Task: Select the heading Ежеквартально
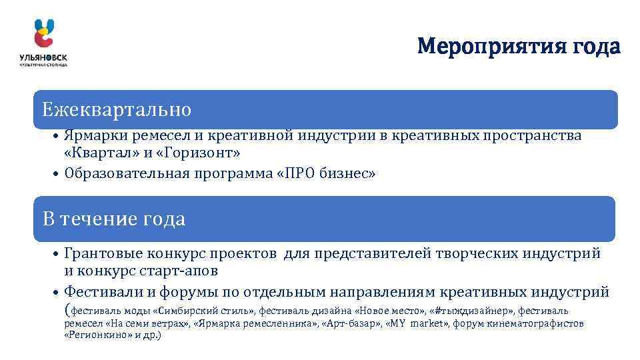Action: [117, 109]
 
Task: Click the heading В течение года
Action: [114, 219]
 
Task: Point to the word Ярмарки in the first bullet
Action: [90, 136]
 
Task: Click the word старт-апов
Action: [181, 271]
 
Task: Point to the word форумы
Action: [191, 291]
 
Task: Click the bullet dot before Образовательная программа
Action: [57, 175]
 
